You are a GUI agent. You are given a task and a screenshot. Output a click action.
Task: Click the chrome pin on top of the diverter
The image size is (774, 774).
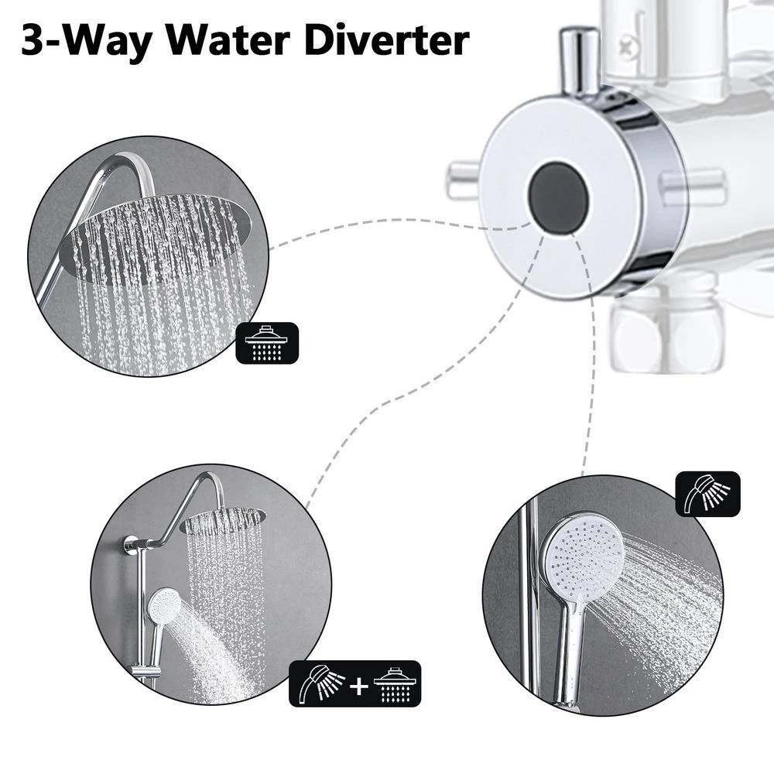coord(580,58)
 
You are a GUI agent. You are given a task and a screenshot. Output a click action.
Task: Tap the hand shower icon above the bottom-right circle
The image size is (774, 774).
coord(707,494)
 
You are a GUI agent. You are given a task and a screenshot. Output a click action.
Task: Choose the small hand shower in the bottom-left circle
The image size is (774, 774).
coord(164,608)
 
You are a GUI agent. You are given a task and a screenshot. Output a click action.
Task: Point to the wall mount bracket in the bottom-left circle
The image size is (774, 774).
coord(130,544)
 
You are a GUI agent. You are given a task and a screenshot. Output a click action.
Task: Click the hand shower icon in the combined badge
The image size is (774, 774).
coord(318,683)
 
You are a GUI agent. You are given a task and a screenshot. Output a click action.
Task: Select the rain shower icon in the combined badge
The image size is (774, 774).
coord(396,683)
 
